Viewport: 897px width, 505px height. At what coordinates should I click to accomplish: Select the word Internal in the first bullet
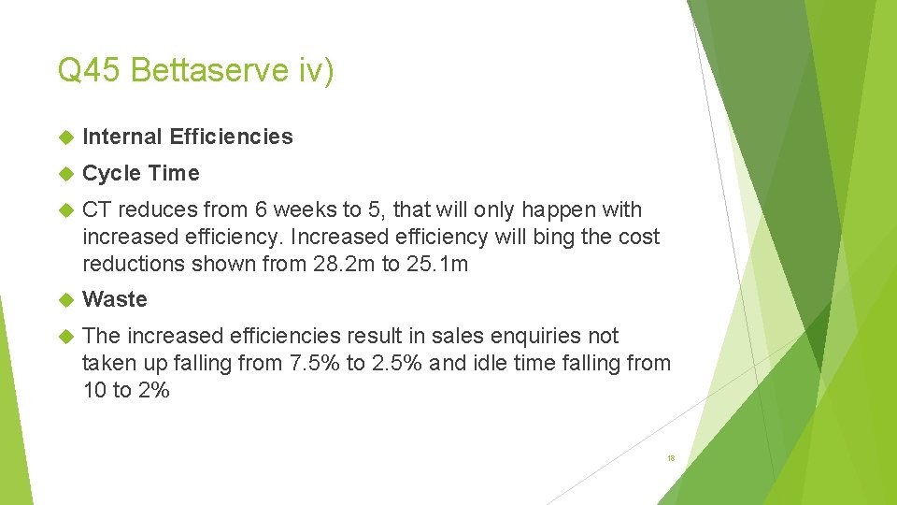click(122, 137)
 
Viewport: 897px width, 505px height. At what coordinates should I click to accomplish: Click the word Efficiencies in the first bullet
click(231, 137)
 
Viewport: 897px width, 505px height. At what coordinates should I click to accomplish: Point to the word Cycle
click(112, 173)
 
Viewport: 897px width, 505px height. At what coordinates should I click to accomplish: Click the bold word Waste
click(115, 299)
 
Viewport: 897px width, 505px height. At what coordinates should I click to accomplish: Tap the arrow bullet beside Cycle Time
click(65, 174)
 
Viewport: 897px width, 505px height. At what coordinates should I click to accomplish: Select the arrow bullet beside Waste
click(65, 300)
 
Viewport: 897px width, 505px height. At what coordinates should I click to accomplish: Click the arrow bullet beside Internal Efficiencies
click(65, 137)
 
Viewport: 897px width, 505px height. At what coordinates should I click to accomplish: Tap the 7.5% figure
click(312, 363)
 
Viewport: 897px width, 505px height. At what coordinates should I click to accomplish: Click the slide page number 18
click(671, 458)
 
